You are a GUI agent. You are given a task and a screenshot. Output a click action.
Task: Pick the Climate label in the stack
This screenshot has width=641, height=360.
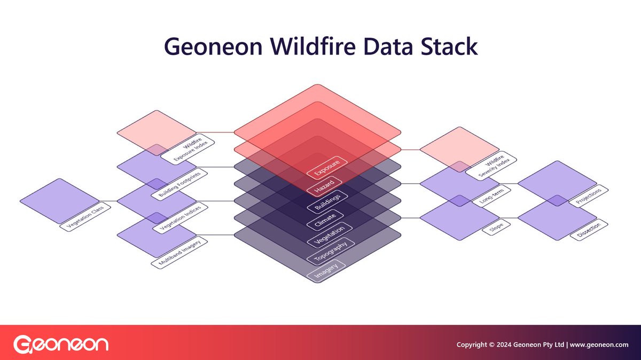(x=325, y=218)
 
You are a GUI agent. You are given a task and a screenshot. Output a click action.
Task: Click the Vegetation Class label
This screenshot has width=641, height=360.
(x=85, y=218)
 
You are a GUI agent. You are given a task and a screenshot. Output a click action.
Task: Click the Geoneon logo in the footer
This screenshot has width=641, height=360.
(x=60, y=344)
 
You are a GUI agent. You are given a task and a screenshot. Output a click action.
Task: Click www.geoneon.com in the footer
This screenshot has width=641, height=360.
(x=599, y=345)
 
